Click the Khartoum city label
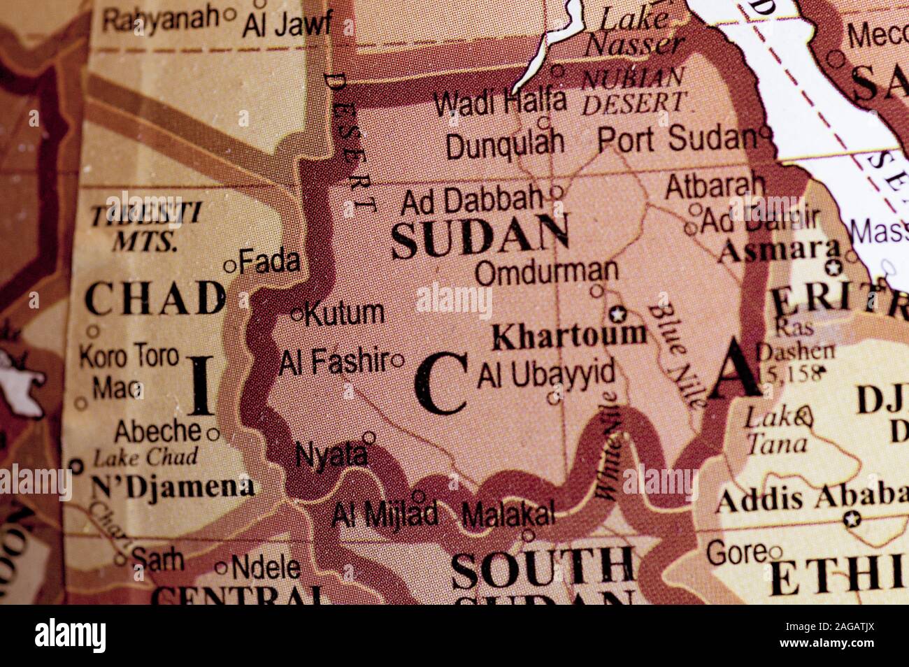[x=570, y=336]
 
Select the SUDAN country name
[x=480, y=238]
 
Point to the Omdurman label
[x=547, y=271]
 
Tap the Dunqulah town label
[x=505, y=145]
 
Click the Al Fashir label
[x=334, y=361]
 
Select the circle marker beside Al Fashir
[x=398, y=361]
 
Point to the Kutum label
[x=345, y=313]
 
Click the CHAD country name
[x=155, y=299]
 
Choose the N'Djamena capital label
[x=173, y=485]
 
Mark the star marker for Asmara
[x=832, y=267]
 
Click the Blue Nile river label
[x=674, y=356]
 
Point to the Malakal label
[x=508, y=516]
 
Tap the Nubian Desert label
[x=634, y=90]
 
